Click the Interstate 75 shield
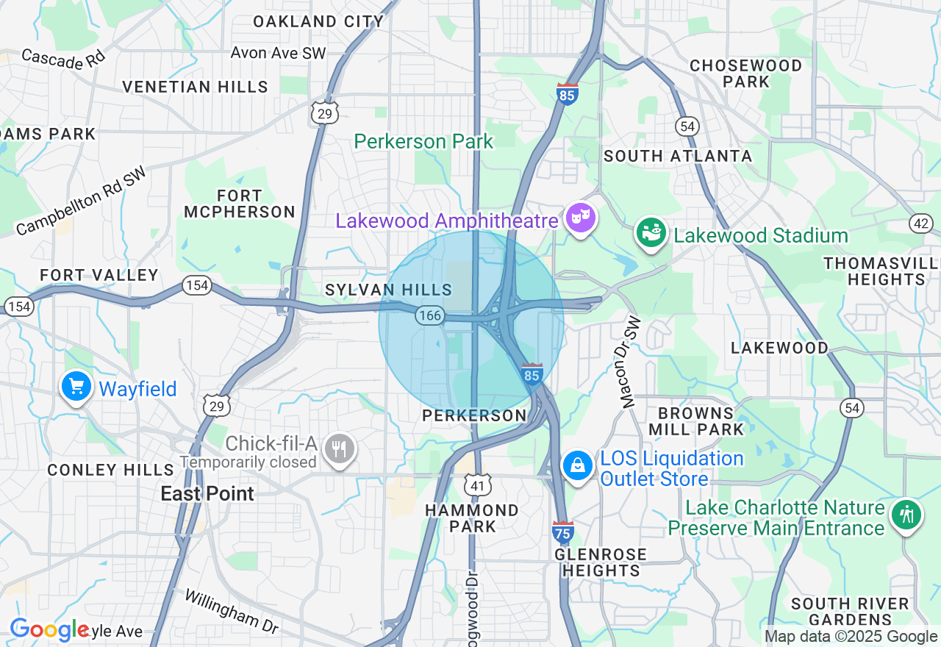(x=562, y=531)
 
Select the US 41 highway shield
(x=476, y=484)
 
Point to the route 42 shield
(x=920, y=224)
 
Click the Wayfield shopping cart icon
(x=76, y=387)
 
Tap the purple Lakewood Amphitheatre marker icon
(x=581, y=218)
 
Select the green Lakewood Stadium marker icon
(x=651, y=233)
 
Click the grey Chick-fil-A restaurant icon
(x=339, y=448)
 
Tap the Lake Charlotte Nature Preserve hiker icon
(x=906, y=515)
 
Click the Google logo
(x=49, y=629)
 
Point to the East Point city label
(x=207, y=493)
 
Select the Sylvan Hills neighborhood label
(x=388, y=290)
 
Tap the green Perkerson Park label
(x=423, y=141)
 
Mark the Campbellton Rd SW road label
(x=81, y=201)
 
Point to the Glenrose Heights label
(x=601, y=562)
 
